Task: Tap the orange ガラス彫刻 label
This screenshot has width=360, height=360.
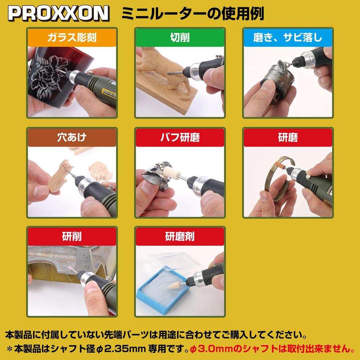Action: tap(72, 37)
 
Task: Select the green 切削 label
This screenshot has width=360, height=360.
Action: tap(180, 37)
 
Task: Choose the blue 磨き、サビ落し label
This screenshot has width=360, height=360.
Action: tap(288, 37)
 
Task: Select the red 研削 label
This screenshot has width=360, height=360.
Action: tap(72, 237)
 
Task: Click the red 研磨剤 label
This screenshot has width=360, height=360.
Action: tap(180, 237)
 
